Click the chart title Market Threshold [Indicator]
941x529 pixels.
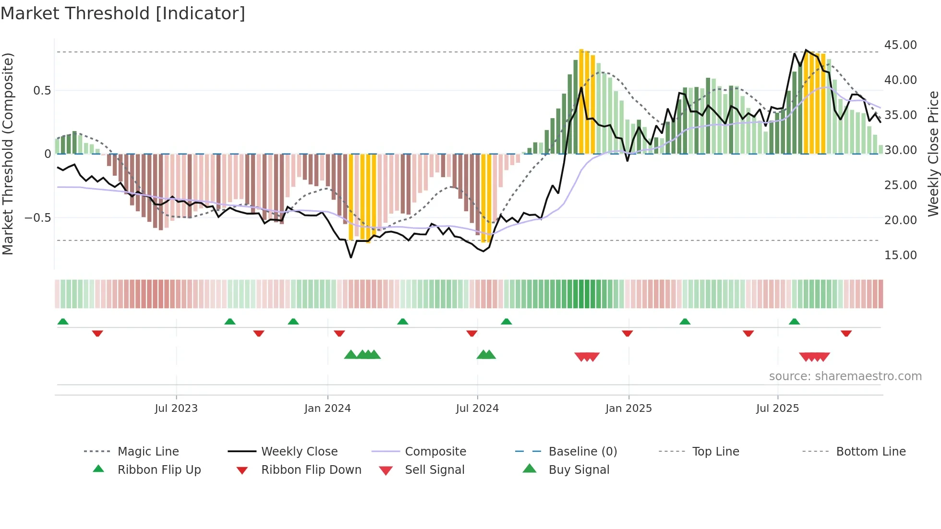click(x=123, y=13)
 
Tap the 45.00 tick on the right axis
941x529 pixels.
click(x=900, y=45)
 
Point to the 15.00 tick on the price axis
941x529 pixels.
click(x=900, y=255)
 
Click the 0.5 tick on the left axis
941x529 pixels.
click(x=42, y=91)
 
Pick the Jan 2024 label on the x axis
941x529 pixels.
click(x=327, y=409)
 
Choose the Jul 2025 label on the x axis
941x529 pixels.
click(x=777, y=409)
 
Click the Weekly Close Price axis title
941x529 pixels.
click(x=933, y=154)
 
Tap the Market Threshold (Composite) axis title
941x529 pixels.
click(x=8, y=154)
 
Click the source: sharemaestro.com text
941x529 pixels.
click(x=845, y=376)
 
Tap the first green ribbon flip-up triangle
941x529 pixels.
click(x=63, y=322)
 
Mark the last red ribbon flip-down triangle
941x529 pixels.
click(x=846, y=333)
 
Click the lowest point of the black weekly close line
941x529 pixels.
click(x=351, y=258)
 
